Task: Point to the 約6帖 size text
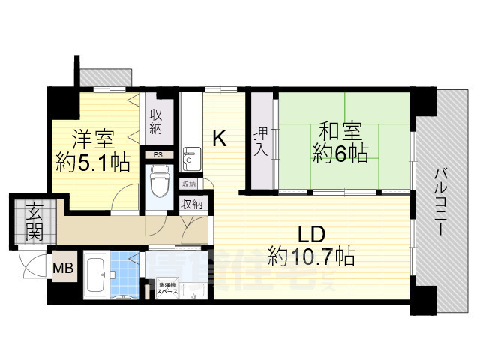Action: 340,155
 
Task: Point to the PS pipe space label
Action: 158,155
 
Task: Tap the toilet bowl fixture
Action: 159,180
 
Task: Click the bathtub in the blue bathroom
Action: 97,274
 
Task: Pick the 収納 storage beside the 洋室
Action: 156,122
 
